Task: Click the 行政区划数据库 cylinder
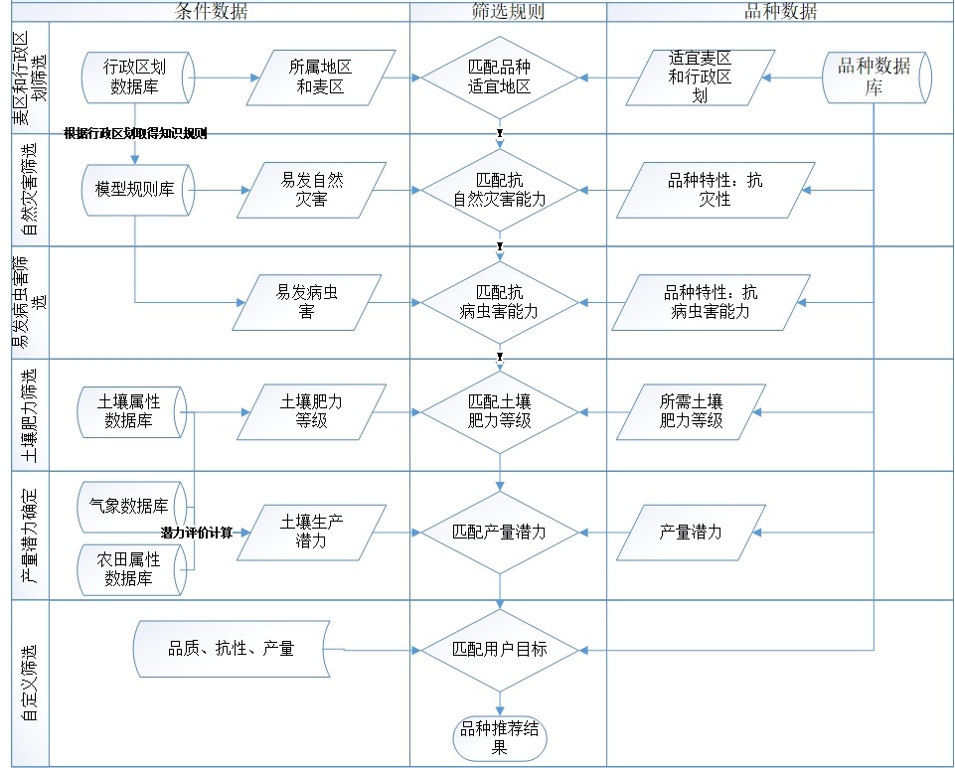click(138, 77)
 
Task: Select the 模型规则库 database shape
click(138, 190)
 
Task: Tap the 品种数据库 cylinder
click(876, 77)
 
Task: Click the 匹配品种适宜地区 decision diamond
click(500, 77)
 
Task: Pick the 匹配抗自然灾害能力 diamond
click(500, 190)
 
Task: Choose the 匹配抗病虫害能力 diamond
click(500, 303)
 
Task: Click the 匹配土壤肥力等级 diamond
click(500, 411)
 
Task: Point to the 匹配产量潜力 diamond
click(500, 533)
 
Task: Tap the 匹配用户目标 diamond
click(500, 650)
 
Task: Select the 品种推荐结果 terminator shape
click(500, 738)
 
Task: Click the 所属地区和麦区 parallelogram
click(320, 77)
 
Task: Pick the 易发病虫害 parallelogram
click(306, 303)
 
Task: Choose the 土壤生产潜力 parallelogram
click(311, 533)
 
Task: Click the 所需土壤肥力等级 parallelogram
click(691, 411)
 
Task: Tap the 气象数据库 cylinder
click(131, 507)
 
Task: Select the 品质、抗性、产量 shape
click(232, 649)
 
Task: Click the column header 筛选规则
click(508, 11)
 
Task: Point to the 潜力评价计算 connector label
click(197, 533)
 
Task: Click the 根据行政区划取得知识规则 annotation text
click(135, 133)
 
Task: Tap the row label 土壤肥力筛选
click(28, 414)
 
